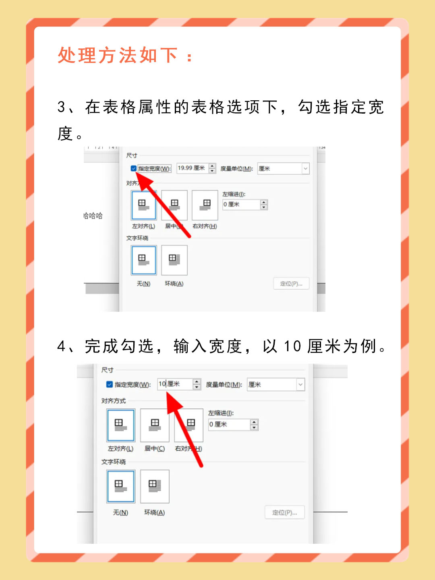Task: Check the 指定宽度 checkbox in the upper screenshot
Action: (133, 168)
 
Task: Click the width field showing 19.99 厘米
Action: (192, 168)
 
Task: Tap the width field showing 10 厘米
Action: (175, 384)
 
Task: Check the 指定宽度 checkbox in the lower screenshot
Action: (109, 384)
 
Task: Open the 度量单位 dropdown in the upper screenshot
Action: (284, 168)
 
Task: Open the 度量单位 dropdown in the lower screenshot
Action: (276, 385)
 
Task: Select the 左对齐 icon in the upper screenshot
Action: (143, 205)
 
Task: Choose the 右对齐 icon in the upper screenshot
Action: (205, 205)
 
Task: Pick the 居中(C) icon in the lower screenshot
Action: (155, 425)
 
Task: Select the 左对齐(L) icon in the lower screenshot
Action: (120, 425)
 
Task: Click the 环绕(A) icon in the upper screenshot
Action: (174, 260)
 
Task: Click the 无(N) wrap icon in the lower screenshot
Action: (120, 486)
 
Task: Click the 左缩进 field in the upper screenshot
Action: (241, 205)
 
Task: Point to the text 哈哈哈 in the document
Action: (93, 216)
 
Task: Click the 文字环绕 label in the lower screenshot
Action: (114, 462)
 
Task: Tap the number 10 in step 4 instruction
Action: (292, 346)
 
